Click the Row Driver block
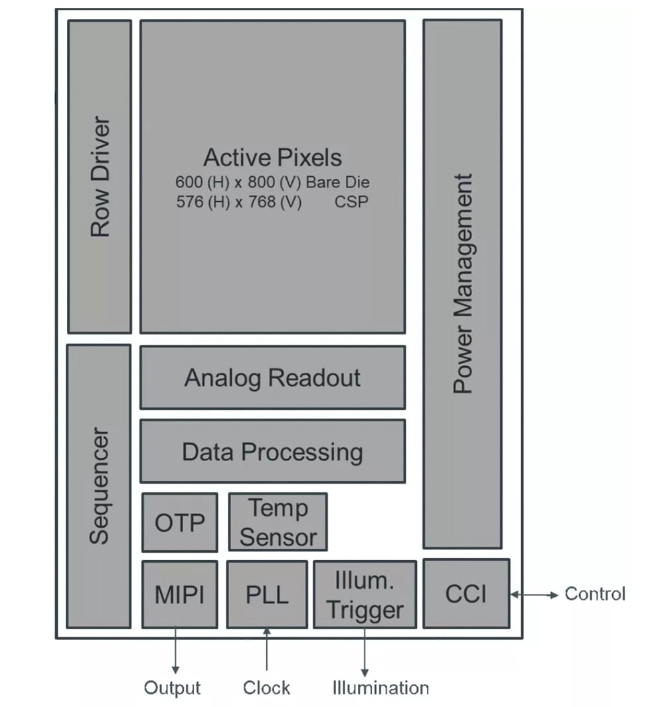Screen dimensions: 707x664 click(100, 177)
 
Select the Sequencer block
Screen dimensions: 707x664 click(99, 486)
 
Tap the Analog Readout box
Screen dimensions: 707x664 click(272, 377)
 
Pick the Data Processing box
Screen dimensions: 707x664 click(272, 452)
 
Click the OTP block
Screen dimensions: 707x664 click(179, 522)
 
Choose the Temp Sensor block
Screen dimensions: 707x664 click(278, 522)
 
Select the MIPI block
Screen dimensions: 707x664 click(179, 594)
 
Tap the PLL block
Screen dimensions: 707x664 click(267, 594)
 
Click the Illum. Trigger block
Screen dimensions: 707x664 click(365, 594)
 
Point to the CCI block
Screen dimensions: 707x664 click(466, 593)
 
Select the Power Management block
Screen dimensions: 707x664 click(462, 284)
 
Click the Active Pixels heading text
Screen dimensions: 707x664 click(272, 157)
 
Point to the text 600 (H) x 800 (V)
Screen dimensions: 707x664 click(238, 182)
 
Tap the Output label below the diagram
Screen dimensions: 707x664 click(173, 688)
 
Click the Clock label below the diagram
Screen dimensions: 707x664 click(266, 688)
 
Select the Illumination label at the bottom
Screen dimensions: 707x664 click(380, 688)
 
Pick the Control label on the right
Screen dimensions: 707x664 click(595, 593)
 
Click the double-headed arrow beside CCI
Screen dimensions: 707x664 click(535, 595)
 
